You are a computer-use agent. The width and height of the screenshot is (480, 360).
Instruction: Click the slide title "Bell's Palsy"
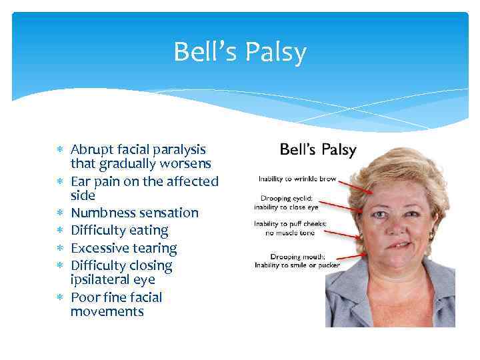[240, 52]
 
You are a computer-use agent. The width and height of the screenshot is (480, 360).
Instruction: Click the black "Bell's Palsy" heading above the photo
[318, 149]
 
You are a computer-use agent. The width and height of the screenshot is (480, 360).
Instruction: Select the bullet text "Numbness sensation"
[135, 213]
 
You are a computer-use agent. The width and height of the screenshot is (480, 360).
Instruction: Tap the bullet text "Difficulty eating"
[119, 231]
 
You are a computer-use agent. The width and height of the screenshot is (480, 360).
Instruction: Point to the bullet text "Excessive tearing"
[124, 249]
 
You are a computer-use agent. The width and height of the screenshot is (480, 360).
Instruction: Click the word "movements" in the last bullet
[107, 311]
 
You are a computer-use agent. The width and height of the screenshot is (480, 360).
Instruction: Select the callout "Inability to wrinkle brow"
[297, 179]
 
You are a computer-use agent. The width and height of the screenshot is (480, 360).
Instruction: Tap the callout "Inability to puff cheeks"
[290, 224]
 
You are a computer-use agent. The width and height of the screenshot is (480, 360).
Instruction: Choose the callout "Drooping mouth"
[297, 256]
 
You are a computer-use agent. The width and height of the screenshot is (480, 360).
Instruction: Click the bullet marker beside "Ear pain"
[61, 181]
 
